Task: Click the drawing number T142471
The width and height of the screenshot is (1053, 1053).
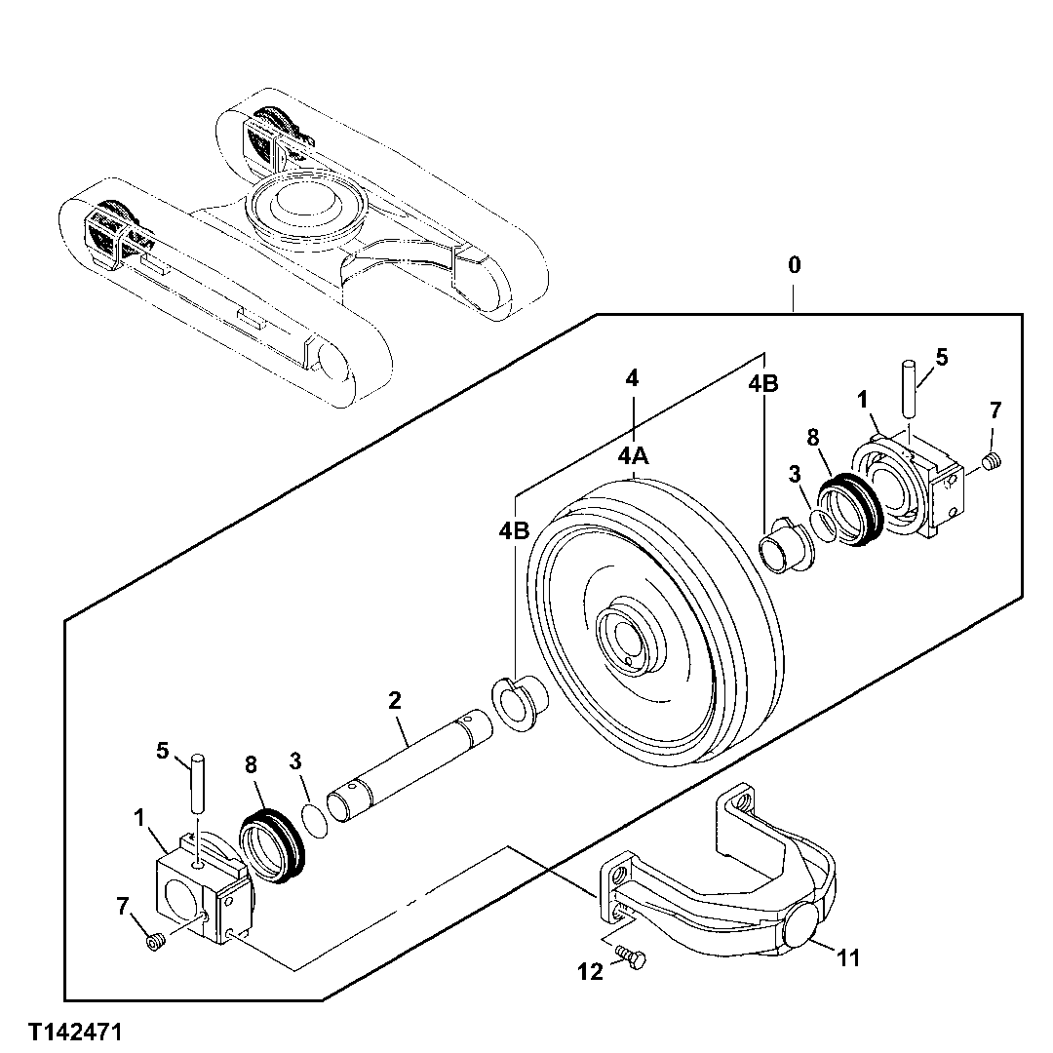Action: (75, 1031)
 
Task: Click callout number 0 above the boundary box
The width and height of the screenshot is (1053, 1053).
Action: (796, 265)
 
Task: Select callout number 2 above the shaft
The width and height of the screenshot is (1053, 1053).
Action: (394, 700)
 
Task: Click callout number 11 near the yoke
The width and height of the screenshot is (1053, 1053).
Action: (848, 958)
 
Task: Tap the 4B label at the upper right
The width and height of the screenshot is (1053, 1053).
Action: (763, 384)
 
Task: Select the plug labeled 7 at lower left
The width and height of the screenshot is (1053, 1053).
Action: (153, 941)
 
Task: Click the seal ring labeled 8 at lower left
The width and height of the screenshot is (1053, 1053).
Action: (273, 844)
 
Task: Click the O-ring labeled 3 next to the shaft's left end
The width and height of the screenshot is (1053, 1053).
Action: (315, 818)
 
